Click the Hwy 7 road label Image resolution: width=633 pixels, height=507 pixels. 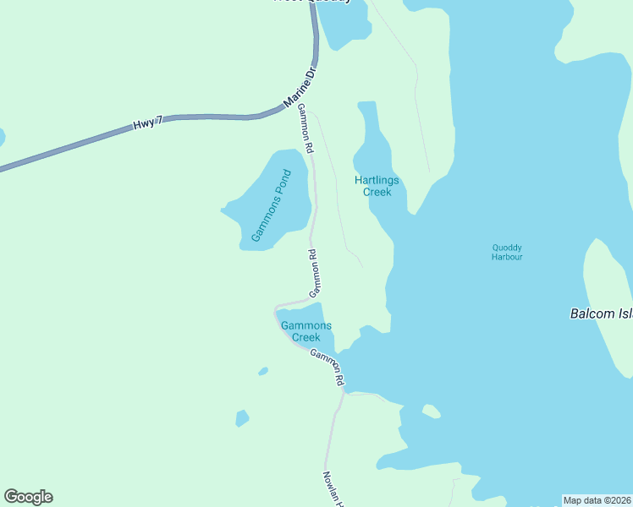(147, 124)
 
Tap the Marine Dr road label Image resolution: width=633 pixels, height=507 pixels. (299, 88)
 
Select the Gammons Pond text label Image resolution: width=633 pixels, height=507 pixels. (271, 207)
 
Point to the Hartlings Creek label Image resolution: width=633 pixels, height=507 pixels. (377, 186)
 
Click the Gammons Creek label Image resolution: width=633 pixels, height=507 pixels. (305, 331)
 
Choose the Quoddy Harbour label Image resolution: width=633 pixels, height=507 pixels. (507, 252)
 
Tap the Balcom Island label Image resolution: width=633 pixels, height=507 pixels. (601, 313)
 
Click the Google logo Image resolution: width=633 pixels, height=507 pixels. (28, 497)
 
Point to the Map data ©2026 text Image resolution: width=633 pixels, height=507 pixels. (597, 500)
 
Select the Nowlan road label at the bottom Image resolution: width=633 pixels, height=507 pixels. (333, 490)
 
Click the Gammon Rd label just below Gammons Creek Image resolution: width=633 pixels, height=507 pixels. (327, 368)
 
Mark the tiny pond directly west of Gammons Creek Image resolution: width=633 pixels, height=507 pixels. (263, 371)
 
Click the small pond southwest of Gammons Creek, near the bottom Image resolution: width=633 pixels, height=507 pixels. (242, 418)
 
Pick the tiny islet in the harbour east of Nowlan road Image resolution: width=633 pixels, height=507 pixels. (432, 412)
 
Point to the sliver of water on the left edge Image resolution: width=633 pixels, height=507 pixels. (2, 137)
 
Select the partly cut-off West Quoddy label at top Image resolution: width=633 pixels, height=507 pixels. (311, 2)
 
